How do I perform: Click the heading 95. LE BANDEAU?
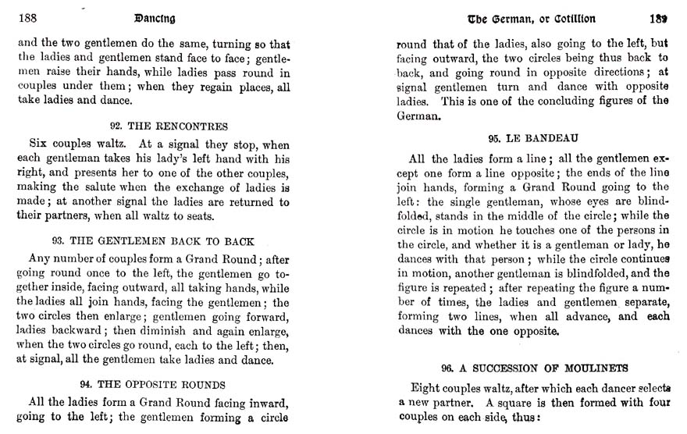[x=526, y=138]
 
